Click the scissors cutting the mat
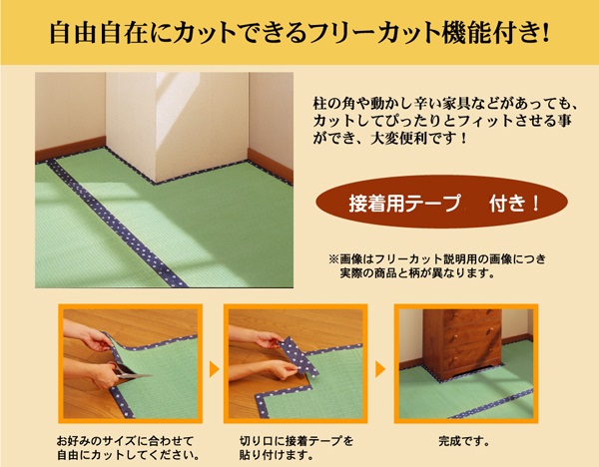129,370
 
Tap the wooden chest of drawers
462,344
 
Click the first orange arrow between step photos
214,369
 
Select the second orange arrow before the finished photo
380,369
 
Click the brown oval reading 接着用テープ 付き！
441,203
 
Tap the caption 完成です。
464,441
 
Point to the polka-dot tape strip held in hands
298,356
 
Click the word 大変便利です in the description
413,139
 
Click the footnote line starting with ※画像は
437,259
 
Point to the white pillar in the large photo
178,126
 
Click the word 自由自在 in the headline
98,34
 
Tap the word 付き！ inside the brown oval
514,204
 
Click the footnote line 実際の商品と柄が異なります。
417,273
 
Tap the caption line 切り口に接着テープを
297,441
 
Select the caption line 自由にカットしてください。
128,455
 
